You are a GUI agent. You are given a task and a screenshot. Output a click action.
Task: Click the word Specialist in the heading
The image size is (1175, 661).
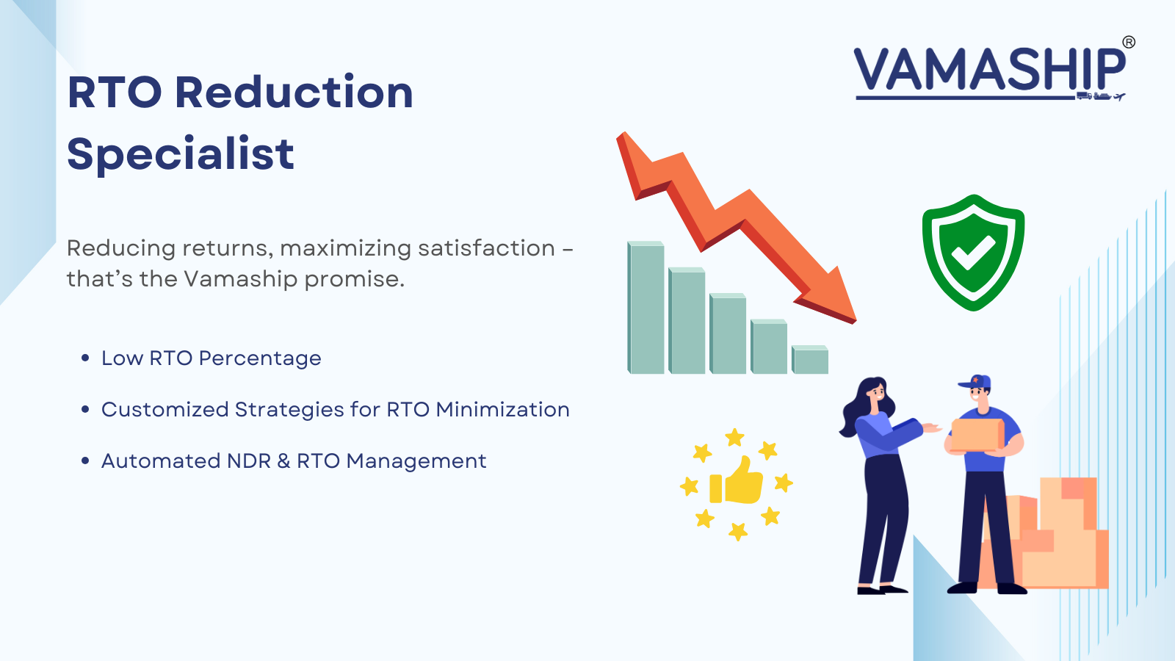tap(180, 154)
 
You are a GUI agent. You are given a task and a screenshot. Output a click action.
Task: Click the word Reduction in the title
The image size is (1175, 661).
tap(294, 93)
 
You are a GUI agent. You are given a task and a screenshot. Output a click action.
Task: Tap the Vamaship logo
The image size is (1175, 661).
tap(989, 71)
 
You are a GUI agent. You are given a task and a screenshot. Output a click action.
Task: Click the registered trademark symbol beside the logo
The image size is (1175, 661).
tap(1129, 43)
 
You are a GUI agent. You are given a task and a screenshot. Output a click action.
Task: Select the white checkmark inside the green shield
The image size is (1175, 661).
tap(973, 253)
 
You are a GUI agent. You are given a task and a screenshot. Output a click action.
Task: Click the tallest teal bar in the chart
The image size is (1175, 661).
tap(646, 308)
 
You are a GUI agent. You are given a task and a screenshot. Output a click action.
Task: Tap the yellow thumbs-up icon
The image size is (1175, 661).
tap(737, 483)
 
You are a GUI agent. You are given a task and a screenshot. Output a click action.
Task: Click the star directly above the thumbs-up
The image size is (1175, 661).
tap(734, 438)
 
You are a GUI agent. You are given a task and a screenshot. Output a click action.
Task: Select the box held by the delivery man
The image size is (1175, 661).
tap(977, 434)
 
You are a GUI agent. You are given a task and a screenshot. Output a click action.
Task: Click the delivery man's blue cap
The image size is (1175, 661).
tap(977, 383)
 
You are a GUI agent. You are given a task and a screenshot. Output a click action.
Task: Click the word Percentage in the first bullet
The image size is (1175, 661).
tap(259, 358)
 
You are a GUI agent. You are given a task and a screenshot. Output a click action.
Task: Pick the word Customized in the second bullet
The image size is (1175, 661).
tap(164, 410)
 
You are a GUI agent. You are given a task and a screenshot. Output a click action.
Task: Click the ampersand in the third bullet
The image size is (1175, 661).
tap(284, 461)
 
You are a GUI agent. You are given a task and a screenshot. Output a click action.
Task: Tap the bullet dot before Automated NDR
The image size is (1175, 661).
tap(85, 461)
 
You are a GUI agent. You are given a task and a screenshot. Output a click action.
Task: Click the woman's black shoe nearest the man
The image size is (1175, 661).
tap(893, 588)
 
